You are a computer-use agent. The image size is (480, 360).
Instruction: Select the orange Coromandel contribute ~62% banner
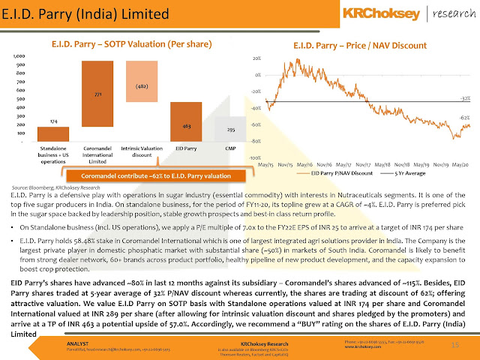144,175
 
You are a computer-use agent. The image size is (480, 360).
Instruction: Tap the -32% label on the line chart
465,98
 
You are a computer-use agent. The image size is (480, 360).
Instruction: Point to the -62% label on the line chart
465,118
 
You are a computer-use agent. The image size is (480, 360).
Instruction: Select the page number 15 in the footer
454,344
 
